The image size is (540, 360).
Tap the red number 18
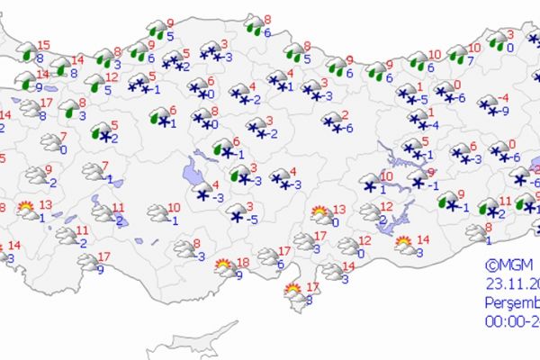(x=242, y=262)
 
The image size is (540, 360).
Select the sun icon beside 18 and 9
(x=223, y=265)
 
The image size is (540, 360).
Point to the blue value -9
(x=506, y=111)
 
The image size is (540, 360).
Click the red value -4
(x=503, y=97)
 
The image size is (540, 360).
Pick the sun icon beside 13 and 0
(x=319, y=214)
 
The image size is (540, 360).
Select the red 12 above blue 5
(x=110, y=77)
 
